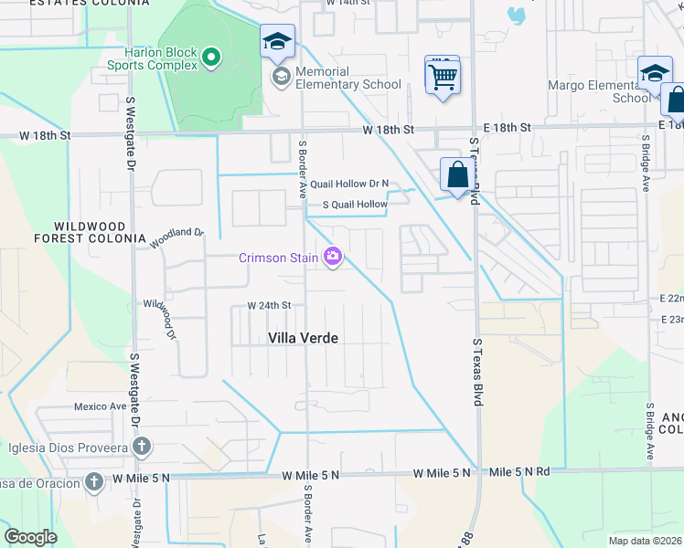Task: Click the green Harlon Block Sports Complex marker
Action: coord(212,58)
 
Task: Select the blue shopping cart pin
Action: coord(443,76)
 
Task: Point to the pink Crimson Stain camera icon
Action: coord(333,258)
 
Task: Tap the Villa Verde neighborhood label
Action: coord(303,338)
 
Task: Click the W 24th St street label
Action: coord(268,305)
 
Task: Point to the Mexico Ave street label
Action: coord(100,406)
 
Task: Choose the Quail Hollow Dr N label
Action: coord(349,184)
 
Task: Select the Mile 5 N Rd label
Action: coord(519,472)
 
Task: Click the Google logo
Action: coord(31,537)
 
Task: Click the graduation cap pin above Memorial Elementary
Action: coord(277,42)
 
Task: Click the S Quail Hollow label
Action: coord(347,205)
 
